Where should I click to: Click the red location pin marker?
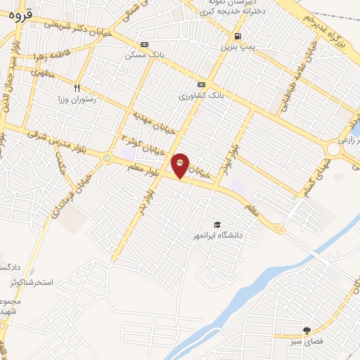click(181, 165)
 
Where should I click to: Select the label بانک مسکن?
click(143, 54)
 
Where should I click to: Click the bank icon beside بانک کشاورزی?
click(201, 84)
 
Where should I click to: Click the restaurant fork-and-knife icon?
click(77, 89)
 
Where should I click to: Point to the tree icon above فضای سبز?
click(307, 330)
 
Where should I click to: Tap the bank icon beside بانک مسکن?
click(144, 44)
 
